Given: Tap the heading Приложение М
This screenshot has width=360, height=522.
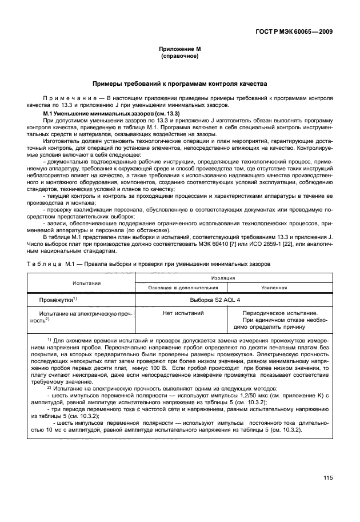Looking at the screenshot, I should tap(180, 50).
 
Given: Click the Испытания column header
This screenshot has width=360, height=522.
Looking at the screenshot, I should tap(86, 282).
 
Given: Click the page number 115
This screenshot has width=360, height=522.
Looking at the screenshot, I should tap(327, 479).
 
